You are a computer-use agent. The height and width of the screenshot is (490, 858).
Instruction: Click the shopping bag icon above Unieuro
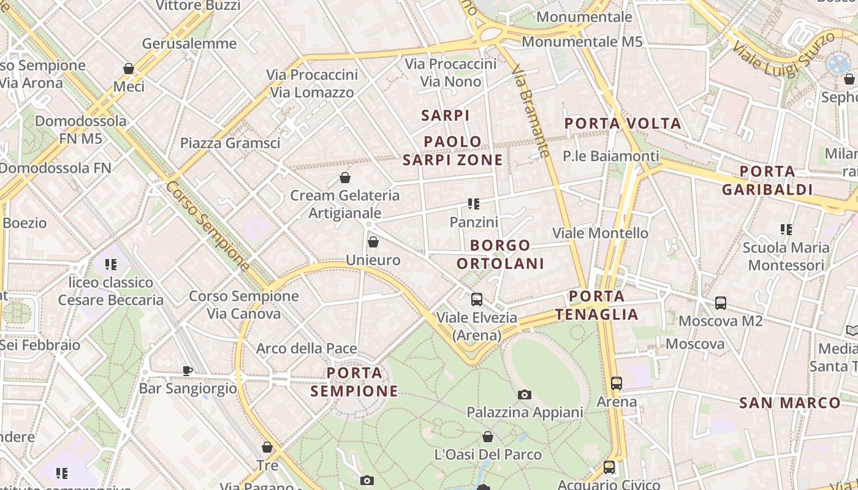pyautogui.click(x=373, y=243)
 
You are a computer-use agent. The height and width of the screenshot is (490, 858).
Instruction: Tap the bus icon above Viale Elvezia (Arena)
pyautogui.click(x=476, y=300)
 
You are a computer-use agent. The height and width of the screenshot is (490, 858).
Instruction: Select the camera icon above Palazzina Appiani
pyautogui.click(x=524, y=395)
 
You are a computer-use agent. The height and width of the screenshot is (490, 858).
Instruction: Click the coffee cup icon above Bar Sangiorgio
pyautogui.click(x=188, y=371)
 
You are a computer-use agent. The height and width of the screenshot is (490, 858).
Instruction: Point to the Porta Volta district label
pyautogui.click(x=623, y=123)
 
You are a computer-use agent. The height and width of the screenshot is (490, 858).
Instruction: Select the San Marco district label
pyautogui.click(x=789, y=403)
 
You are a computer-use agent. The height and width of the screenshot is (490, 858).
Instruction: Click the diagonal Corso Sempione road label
pyautogui.click(x=208, y=225)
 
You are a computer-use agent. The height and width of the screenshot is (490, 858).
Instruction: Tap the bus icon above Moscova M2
pyautogui.click(x=721, y=303)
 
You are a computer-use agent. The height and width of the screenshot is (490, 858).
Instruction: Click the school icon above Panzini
pyautogui.click(x=473, y=204)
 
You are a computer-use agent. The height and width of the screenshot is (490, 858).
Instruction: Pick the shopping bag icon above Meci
pyautogui.click(x=129, y=69)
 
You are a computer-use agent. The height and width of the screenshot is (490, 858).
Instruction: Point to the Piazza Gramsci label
pyautogui.click(x=230, y=143)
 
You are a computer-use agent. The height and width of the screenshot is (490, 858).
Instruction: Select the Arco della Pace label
pyautogui.click(x=306, y=349)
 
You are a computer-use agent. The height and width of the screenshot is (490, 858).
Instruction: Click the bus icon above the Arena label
pyautogui.click(x=617, y=383)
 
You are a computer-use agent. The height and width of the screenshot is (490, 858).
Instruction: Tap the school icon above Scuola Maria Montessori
pyautogui.click(x=786, y=230)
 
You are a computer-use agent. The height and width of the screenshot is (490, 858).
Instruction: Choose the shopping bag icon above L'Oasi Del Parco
pyautogui.click(x=488, y=437)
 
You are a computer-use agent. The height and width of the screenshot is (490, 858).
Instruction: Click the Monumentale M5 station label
pyautogui.click(x=582, y=42)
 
